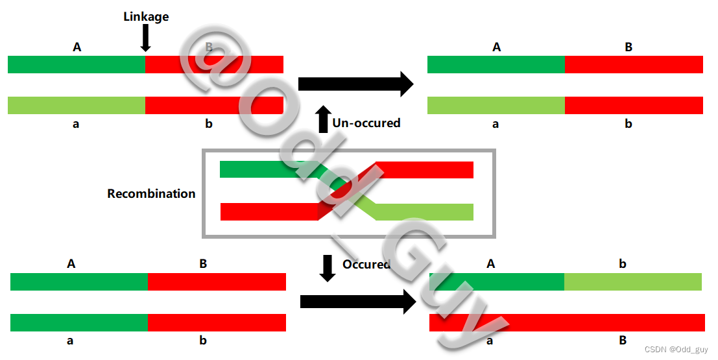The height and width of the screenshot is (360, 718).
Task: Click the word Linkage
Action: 146,17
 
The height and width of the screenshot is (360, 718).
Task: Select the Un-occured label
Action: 366,123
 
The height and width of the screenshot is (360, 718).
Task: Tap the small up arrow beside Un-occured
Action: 322,120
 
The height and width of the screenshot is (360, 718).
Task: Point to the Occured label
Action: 366,264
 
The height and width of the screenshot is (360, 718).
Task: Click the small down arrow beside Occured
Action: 328,268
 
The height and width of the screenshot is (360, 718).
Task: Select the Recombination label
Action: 151,193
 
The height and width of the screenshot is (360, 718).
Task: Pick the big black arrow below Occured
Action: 357,301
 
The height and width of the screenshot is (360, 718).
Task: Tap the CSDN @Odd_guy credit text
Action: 676,350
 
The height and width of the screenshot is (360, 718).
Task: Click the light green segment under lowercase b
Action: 632,282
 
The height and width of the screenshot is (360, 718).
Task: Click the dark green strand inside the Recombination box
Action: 266,169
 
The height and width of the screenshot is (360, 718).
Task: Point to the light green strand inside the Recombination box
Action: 422,212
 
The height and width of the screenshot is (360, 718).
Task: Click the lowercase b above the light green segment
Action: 623,264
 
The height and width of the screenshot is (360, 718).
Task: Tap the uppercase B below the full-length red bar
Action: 623,340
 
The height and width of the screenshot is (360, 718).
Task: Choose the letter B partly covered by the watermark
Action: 209,47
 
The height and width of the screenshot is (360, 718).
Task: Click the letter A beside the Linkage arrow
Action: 77,47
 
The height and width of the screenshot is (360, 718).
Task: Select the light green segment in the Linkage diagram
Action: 77,105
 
